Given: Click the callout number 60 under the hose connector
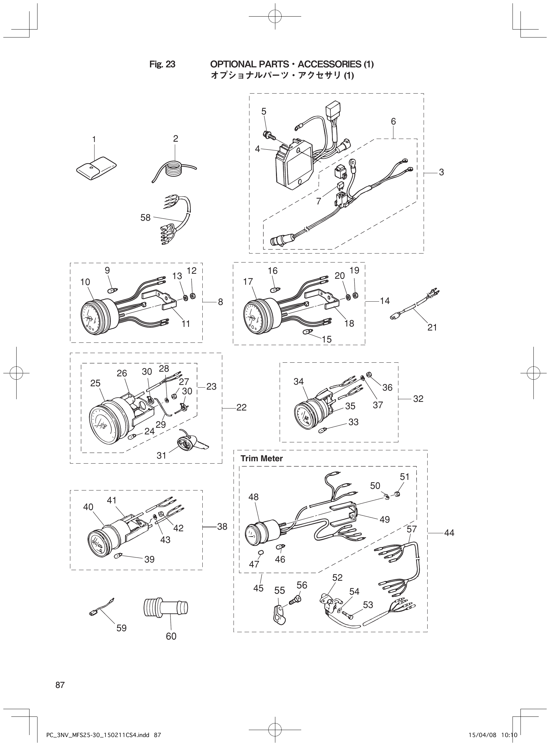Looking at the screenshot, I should [171, 636].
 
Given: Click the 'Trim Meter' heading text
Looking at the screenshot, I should [262, 459].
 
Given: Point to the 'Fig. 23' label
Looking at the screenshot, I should [162, 64].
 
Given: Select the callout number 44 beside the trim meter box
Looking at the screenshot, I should [449, 533].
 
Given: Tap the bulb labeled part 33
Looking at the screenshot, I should [322, 430].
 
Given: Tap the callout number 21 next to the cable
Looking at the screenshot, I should [432, 328].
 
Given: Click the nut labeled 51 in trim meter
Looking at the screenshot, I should [397, 493].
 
